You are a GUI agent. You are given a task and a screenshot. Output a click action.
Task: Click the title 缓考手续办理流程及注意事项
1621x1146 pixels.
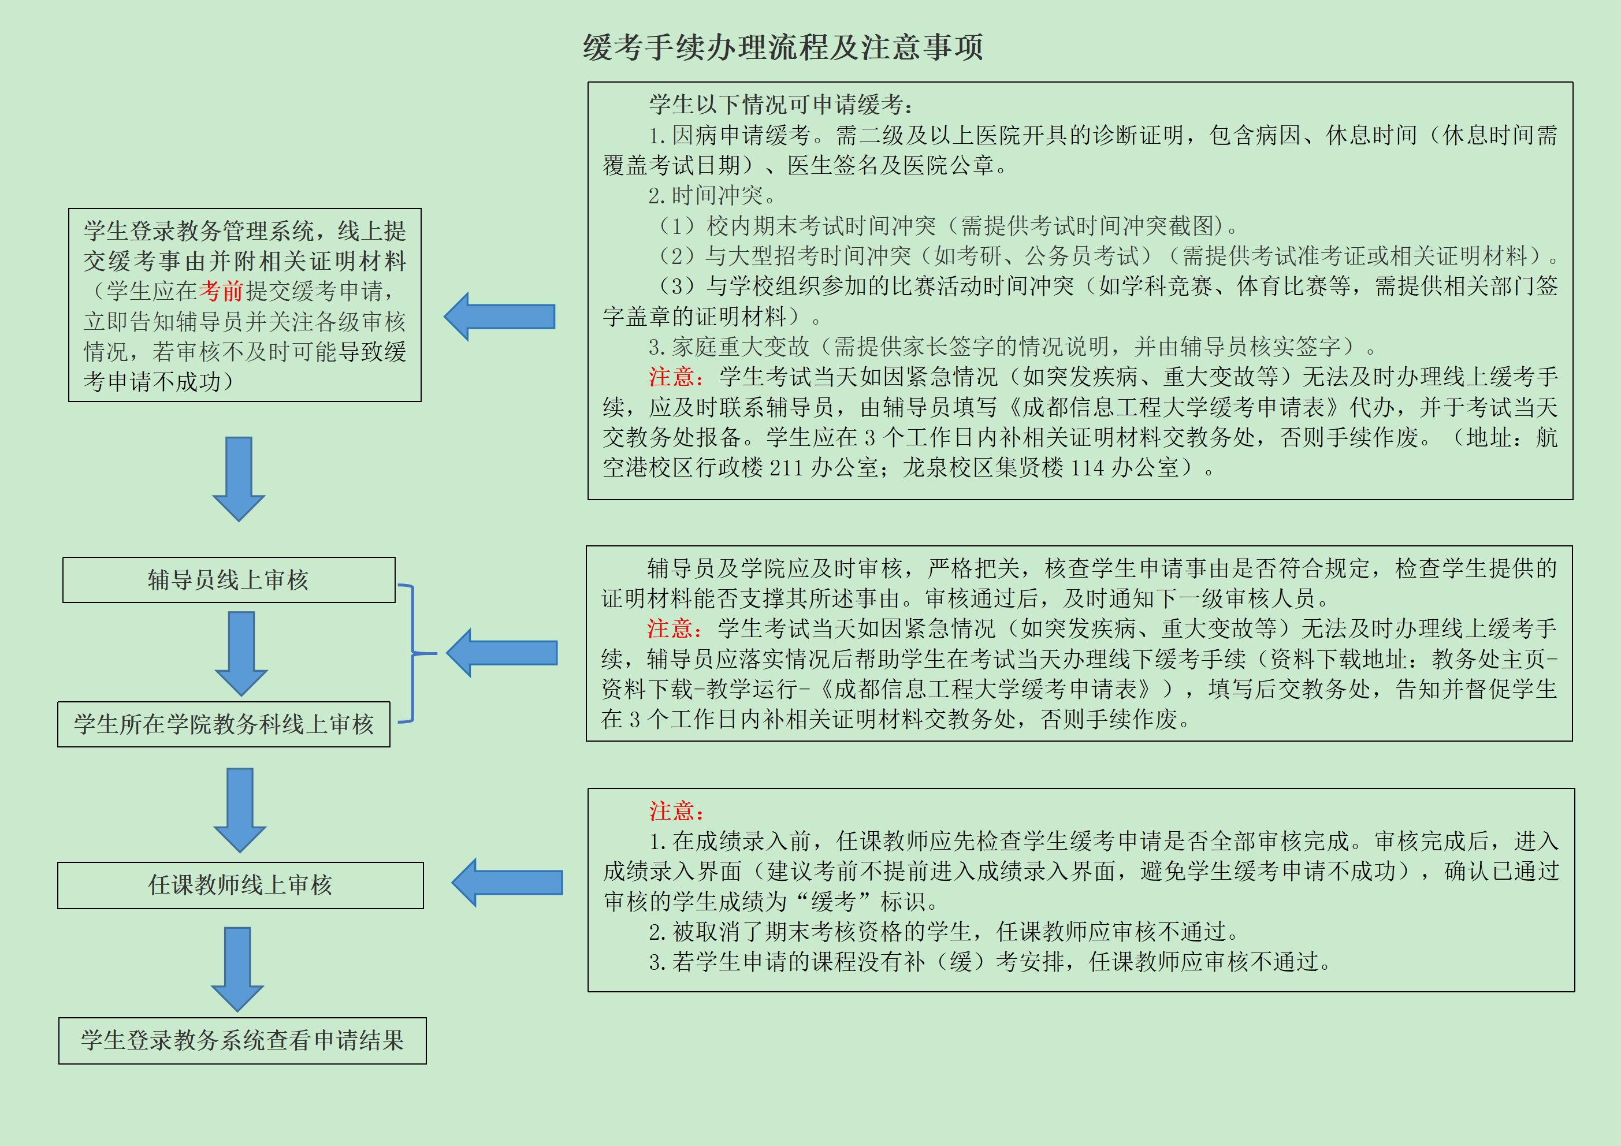click(782, 47)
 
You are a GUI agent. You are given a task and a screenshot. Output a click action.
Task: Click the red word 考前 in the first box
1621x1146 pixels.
click(221, 291)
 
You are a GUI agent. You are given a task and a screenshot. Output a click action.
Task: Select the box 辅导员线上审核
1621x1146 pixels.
click(229, 580)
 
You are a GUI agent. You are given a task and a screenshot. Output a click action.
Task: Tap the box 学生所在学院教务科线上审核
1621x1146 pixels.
click(224, 724)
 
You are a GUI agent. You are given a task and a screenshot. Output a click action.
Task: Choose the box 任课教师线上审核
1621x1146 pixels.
click(240, 885)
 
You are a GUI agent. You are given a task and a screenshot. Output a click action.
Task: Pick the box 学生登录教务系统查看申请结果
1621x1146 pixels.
click(242, 1040)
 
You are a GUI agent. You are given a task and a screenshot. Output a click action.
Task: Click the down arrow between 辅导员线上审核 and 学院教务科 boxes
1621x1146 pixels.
click(241, 653)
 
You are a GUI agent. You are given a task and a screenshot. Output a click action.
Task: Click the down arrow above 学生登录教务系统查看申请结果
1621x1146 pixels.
click(238, 968)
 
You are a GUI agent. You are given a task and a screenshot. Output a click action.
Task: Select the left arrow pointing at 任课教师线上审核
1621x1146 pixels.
click(506, 883)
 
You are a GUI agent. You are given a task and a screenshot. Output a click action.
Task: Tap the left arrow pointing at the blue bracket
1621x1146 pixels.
click(501, 653)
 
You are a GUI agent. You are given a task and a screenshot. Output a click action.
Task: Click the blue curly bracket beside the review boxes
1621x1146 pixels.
click(413, 653)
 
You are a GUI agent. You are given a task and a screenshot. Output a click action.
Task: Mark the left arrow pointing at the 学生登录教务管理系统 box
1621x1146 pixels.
click(499, 317)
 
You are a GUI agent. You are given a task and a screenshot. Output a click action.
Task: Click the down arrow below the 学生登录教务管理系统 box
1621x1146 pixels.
click(239, 478)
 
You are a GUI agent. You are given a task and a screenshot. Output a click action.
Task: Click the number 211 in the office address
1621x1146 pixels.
click(786, 467)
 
